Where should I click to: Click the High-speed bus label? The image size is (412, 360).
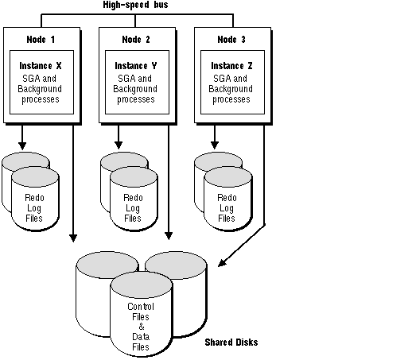[135, 5]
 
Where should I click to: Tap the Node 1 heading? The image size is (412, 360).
[41, 40]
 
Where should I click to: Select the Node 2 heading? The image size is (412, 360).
[136, 40]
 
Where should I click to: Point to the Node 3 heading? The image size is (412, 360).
[231, 40]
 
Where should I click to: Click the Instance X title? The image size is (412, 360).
[41, 66]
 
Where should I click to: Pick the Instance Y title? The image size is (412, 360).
[136, 66]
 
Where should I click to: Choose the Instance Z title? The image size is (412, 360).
[231, 66]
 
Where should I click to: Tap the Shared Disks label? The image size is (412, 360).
[231, 343]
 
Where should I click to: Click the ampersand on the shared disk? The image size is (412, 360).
[142, 327]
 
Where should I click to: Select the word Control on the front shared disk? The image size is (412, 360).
[141, 307]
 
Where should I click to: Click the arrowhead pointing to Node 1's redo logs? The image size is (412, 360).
[22, 145]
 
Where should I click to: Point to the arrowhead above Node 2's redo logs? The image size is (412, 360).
[119, 145]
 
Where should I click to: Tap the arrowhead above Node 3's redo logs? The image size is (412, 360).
[215, 145]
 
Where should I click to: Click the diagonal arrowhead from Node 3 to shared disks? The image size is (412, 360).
[222, 263]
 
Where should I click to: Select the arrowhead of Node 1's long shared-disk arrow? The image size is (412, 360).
[73, 238]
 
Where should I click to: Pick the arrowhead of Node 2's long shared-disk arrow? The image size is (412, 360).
[169, 236]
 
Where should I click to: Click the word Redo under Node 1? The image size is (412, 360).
[34, 198]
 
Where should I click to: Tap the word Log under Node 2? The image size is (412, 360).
[133, 208]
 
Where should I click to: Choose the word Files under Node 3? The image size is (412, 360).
[227, 219]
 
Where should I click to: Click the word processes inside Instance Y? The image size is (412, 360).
[136, 99]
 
